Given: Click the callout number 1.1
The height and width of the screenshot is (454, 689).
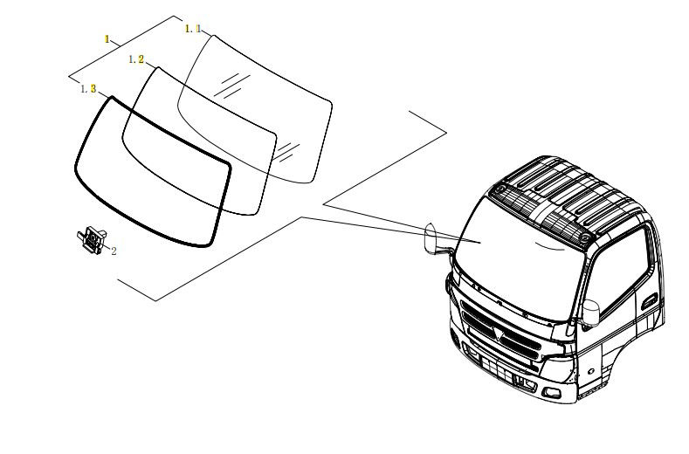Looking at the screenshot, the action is (x=193, y=29).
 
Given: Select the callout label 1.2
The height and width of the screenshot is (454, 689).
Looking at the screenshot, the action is (x=136, y=59).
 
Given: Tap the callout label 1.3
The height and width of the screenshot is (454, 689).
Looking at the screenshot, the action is (x=88, y=89).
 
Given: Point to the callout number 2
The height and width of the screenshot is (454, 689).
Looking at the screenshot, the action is (x=114, y=251).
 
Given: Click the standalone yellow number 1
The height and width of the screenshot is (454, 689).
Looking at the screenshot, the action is (x=107, y=39).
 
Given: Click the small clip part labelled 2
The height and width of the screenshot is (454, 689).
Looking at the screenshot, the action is (x=93, y=240).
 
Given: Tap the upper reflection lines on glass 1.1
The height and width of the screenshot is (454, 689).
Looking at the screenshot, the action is (x=232, y=85).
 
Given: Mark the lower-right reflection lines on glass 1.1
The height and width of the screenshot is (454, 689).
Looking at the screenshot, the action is (x=287, y=151).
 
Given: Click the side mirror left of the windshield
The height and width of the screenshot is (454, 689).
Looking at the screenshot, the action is (x=431, y=238).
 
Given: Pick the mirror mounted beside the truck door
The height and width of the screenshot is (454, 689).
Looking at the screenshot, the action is (x=590, y=313).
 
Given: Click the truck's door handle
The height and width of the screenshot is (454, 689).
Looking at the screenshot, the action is (x=649, y=301).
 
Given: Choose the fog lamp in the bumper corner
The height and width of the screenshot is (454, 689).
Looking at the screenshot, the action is (x=551, y=393).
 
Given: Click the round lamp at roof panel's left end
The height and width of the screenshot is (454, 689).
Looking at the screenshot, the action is (x=500, y=189).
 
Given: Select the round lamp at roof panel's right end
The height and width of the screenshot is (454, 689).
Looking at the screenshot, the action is (x=585, y=237).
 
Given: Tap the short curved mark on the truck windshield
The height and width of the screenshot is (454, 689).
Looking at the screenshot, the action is (x=548, y=246).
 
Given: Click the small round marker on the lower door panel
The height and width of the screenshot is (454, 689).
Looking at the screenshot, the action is (x=591, y=371).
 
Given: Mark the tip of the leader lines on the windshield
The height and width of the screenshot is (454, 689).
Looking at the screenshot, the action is (x=480, y=242).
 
